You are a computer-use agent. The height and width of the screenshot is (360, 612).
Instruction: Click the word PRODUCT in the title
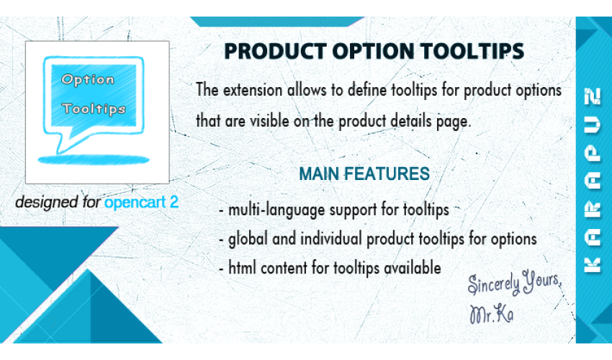coord(276,51)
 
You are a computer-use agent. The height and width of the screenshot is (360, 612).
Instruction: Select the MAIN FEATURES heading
coord(364,174)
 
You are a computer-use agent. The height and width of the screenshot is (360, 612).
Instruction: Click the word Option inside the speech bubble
coord(88,80)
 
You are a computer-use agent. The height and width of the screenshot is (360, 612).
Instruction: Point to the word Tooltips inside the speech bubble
coord(94,109)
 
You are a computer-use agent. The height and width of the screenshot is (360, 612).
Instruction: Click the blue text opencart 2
coord(141,202)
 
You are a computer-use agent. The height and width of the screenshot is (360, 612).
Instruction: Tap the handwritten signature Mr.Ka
coord(491,315)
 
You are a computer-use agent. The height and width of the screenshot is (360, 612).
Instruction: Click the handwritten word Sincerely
coord(494,284)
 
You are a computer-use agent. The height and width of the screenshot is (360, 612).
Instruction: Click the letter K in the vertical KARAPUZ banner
coord(592,265)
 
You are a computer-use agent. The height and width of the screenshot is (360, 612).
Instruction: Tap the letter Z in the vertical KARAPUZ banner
coord(592,96)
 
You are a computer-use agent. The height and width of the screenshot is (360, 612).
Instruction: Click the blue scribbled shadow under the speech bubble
coord(94,160)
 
